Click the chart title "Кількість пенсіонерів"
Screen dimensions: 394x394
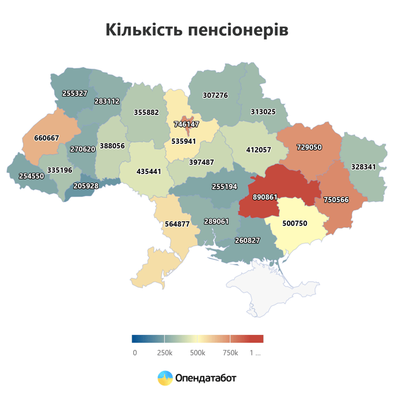tap(197, 30)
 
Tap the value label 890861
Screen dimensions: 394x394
tap(265, 197)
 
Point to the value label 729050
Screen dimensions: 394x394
tap(309, 147)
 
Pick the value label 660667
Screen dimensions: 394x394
tap(47, 138)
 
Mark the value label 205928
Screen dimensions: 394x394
tap(86, 186)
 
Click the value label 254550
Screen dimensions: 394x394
tap(25, 176)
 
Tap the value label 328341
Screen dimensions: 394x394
tap(364, 167)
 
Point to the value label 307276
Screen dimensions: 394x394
tap(215, 95)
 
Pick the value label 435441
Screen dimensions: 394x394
tap(149, 171)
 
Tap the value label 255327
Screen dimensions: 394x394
tap(74, 93)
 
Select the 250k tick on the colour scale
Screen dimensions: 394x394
tap(164, 353)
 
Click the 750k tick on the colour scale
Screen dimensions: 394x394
tap(230, 353)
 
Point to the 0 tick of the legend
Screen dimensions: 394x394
tap(134, 353)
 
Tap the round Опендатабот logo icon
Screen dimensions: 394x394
tap(165, 378)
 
